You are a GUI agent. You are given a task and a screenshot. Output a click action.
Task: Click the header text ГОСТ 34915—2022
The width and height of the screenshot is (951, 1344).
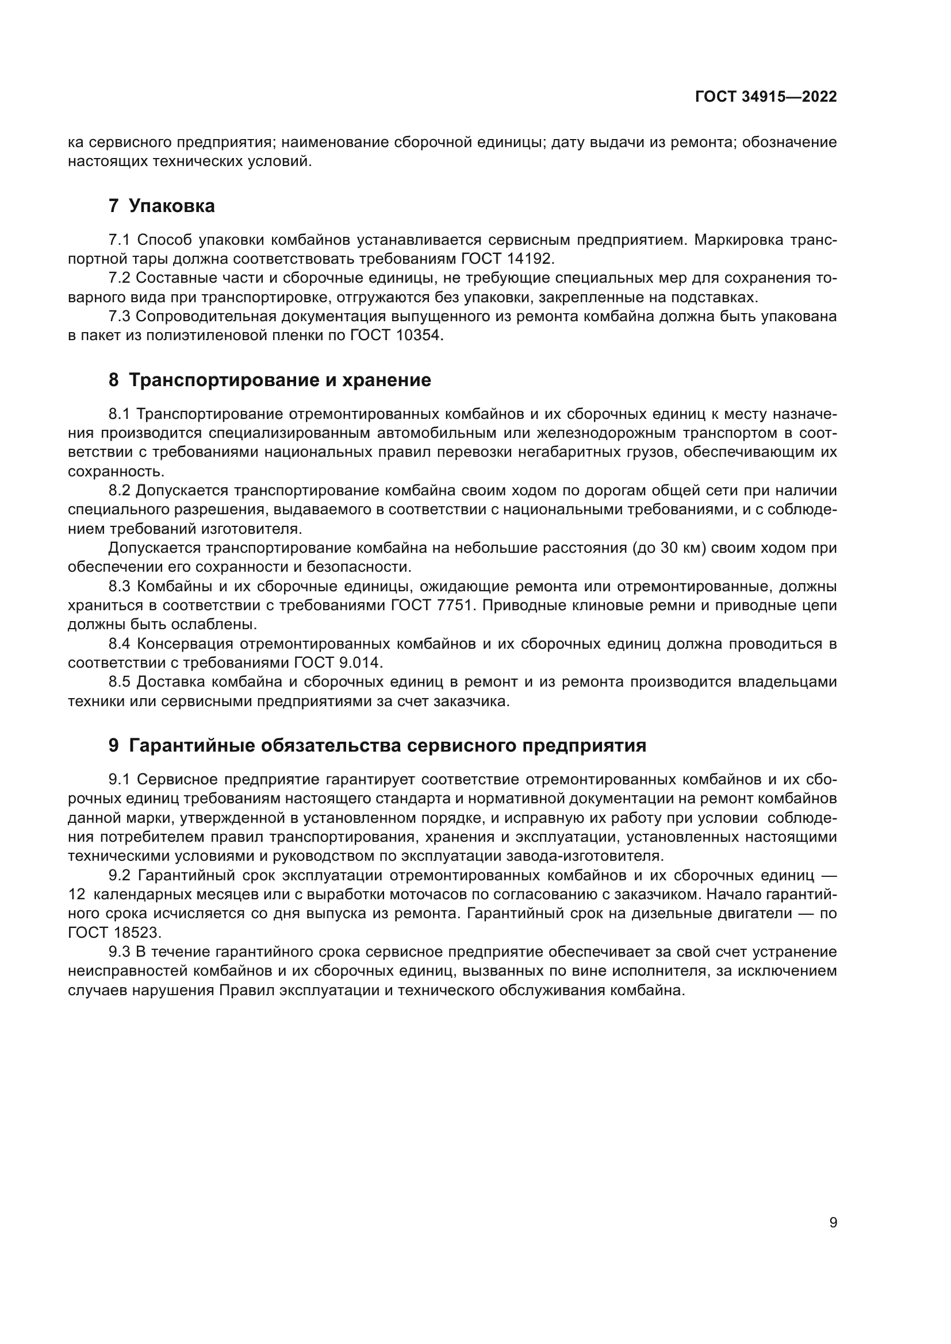pyautogui.click(x=765, y=97)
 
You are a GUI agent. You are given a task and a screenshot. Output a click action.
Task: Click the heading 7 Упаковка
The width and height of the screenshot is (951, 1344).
pyautogui.click(x=162, y=206)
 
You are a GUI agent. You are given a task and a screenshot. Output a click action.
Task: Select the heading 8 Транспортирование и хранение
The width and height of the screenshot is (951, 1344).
pyautogui.click(x=269, y=380)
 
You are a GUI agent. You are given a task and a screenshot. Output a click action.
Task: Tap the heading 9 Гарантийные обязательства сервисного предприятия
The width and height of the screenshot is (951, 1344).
pyautogui.click(x=377, y=745)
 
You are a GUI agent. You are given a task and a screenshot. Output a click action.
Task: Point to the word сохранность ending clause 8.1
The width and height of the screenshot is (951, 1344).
pyautogui.click(x=116, y=471)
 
